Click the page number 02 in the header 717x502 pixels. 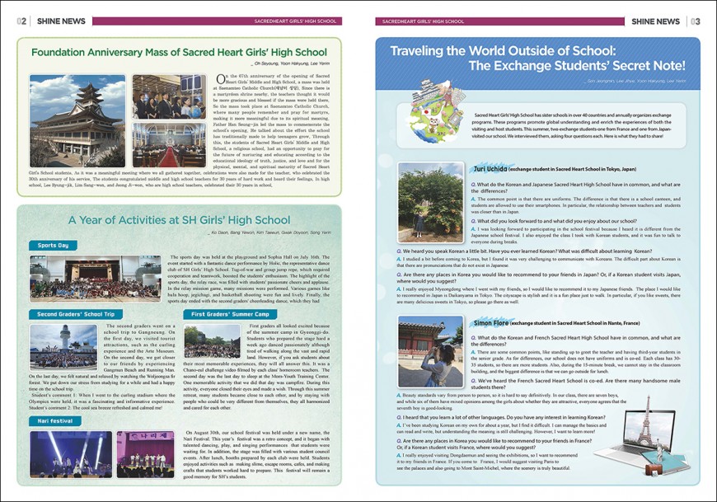point(21,21)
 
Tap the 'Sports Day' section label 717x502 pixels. point(53,245)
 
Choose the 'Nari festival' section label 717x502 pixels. point(54,420)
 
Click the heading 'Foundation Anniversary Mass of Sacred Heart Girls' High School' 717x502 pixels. point(179,52)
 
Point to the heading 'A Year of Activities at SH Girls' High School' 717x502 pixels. point(179,220)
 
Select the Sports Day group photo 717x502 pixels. point(96,279)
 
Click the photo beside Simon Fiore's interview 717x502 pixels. point(430,351)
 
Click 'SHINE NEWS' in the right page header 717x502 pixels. point(656,21)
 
